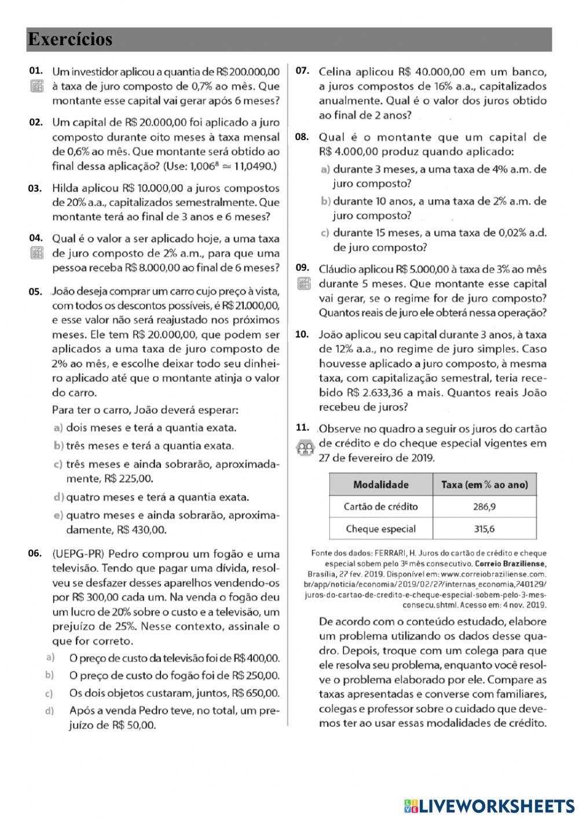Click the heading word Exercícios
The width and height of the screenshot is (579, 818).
[x=69, y=39]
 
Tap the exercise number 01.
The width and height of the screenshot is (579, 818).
[x=36, y=71]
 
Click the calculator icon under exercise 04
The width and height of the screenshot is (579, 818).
[x=36, y=254]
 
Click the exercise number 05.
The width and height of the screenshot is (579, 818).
[x=36, y=291]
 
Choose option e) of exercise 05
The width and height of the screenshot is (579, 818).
[x=58, y=515]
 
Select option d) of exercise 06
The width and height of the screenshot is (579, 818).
[x=50, y=710]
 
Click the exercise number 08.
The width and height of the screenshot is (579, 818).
[x=302, y=137]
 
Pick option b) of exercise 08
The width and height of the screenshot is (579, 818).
[x=325, y=201]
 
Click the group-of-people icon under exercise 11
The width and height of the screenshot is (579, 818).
[x=305, y=448]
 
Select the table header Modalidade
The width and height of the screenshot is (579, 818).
[x=380, y=485]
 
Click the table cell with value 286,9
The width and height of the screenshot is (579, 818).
[x=484, y=507]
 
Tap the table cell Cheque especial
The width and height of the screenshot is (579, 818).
[x=380, y=529]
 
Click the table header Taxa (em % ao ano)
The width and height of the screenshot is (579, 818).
[x=484, y=485]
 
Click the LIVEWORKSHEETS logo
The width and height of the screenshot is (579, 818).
[x=489, y=805]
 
